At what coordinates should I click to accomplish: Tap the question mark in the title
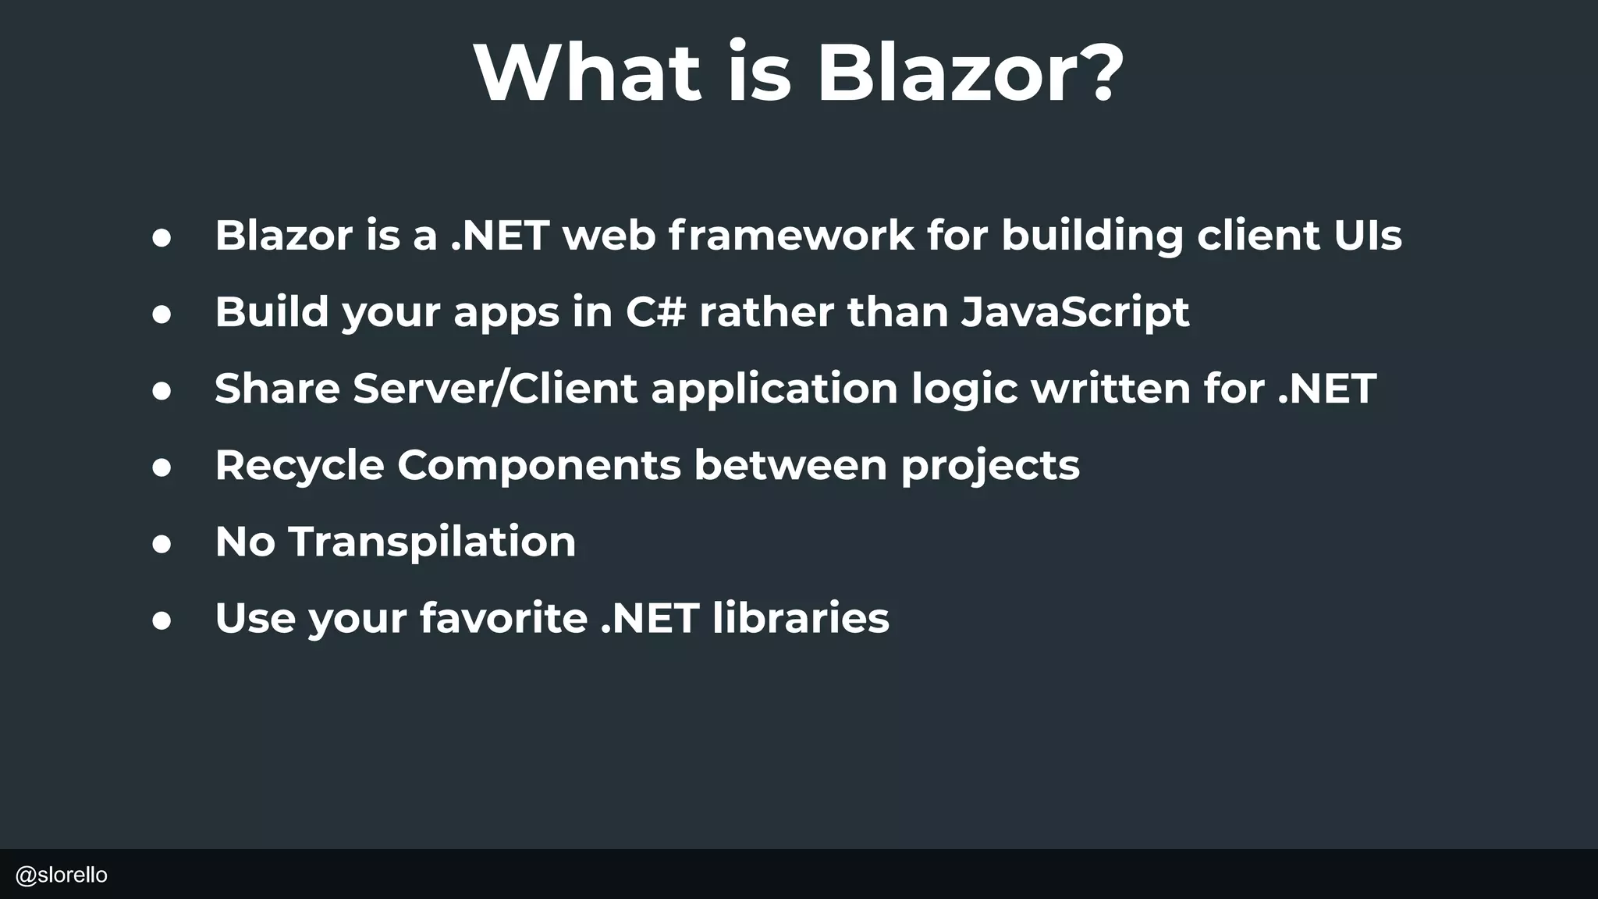(1096, 73)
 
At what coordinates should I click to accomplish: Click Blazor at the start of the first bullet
(283, 235)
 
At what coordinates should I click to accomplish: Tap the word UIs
(1368, 235)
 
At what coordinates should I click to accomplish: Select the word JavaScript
(1075, 313)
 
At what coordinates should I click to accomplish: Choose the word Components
(539, 466)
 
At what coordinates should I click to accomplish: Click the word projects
(990, 466)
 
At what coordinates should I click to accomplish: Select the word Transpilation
(432, 542)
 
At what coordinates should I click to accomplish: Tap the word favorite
(503, 617)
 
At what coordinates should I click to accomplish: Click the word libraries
(801, 617)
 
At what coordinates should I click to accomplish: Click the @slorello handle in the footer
(62, 875)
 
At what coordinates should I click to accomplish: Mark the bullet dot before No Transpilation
(162, 544)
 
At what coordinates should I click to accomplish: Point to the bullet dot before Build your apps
(162, 314)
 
